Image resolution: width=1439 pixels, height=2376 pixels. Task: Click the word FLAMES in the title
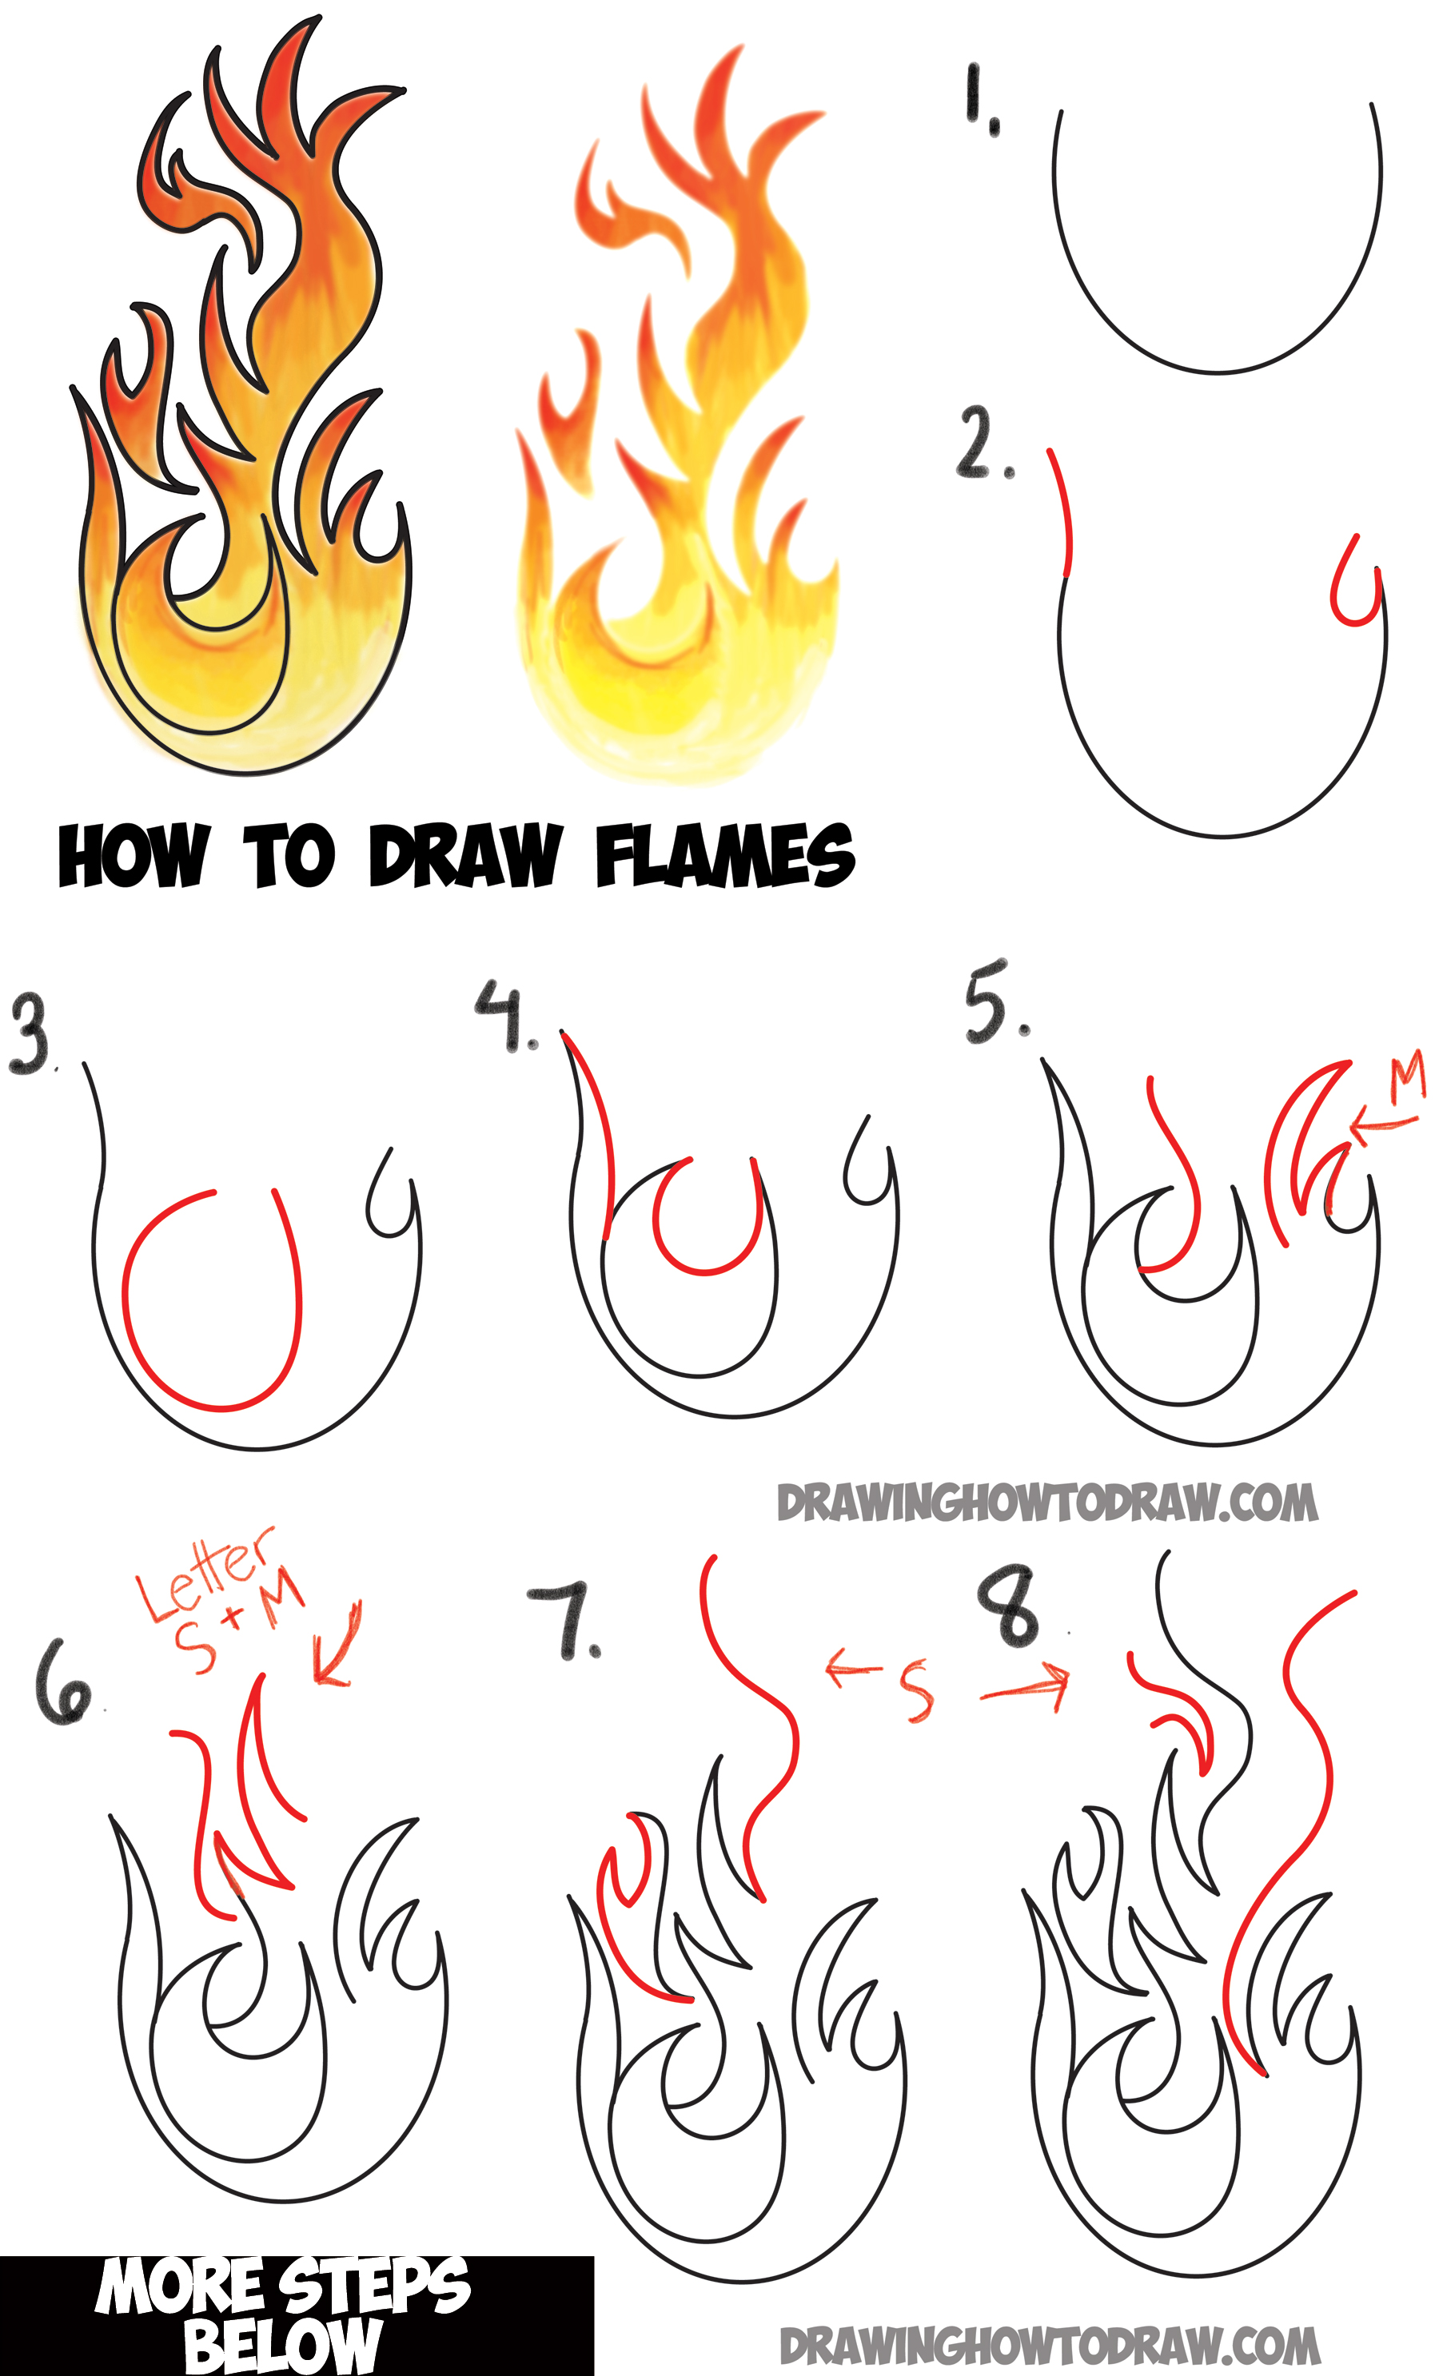coord(724,855)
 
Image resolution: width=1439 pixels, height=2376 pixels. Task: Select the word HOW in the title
coord(132,855)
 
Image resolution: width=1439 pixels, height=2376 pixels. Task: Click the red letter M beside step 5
coord(1406,1079)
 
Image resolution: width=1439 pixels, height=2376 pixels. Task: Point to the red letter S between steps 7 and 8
coord(915,1691)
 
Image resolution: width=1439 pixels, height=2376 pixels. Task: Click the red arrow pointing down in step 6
coord(337,1646)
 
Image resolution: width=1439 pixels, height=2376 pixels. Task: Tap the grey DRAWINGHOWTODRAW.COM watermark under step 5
coord(1046,1503)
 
